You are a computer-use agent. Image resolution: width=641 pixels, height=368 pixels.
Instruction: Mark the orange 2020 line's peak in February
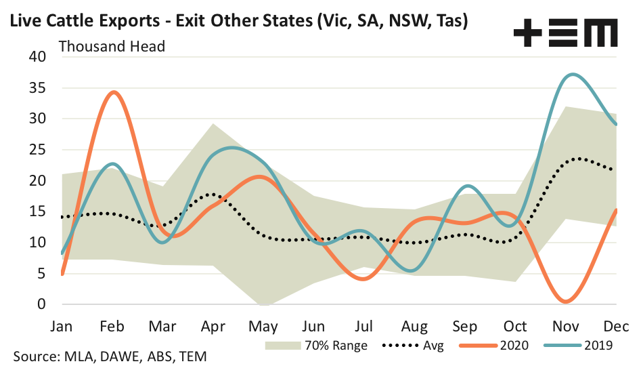pyautogui.click(x=113, y=92)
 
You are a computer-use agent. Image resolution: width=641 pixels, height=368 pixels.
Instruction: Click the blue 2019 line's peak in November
pyautogui.click(x=573, y=75)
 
